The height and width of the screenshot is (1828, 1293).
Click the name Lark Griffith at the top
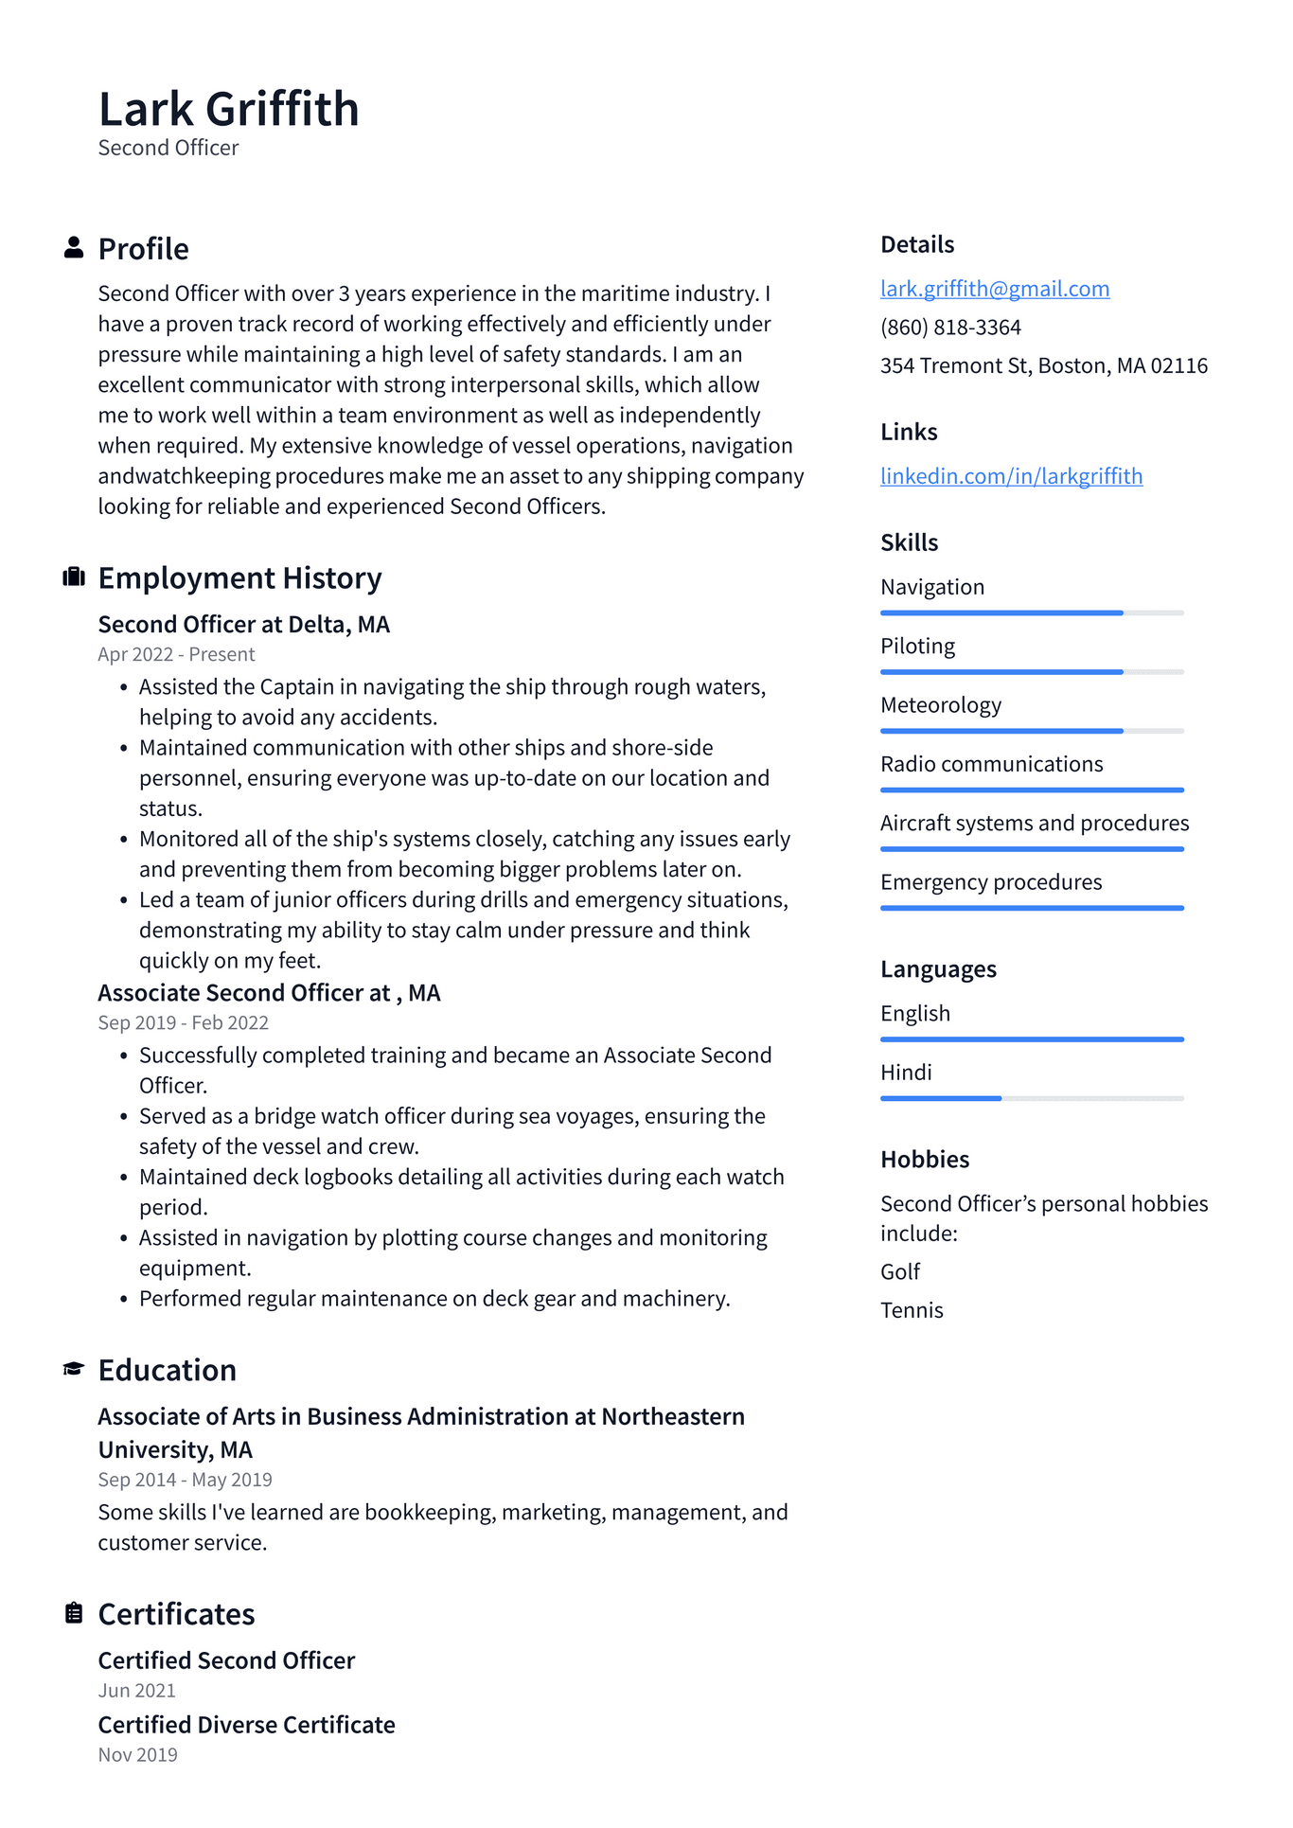pyautogui.click(x=228, y=109)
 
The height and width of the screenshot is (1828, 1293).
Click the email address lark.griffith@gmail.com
pyautogui.click(x=994, y=289)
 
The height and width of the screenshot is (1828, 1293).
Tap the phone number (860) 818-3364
pyautogui.click(x=950, y=328)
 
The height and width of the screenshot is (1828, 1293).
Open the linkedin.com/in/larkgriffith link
pyautogui.click(x=1011, y=476)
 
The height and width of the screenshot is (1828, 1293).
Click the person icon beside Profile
pyautogui.click(x=74, y=248)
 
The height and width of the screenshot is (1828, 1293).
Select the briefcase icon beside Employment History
pyautogui.click(x=74, y=577)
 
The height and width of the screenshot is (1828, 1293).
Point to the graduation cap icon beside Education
pyautogui.click(x=74, y=1369)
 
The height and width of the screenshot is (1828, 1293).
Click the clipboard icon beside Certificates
pyautogui.click(x=74, y=1613)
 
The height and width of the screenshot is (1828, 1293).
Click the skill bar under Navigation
pyautogui.click(x=1031, y=613)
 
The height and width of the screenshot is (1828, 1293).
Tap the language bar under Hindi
pyautogui.click(x=1031, y=1098)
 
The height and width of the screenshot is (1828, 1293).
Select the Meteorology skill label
pyautogui.click(x=940, y=705)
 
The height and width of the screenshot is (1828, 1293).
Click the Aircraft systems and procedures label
pyautogui.click(x=1034, y=824)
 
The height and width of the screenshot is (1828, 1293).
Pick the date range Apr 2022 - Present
pyautogui.click(x=176, y=655)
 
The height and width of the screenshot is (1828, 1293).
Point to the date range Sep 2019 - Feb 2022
pyautogui.click(x=183, y=1023)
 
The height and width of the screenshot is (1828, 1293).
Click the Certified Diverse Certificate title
pyautogui.click(x=246, y=1725)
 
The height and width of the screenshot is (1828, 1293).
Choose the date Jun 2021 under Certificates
pyautogui.click(x=136, y=1691)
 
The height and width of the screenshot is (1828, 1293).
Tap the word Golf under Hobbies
pyautogui.click(x=899, y=1272)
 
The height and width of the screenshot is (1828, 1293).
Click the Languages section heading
pyautogui.click(x=937, y=969)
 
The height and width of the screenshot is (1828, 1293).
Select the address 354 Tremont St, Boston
pyautogui.click(x=1043, y=366)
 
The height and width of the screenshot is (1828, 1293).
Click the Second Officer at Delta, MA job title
pyautogui.click(x=243, y=625)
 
